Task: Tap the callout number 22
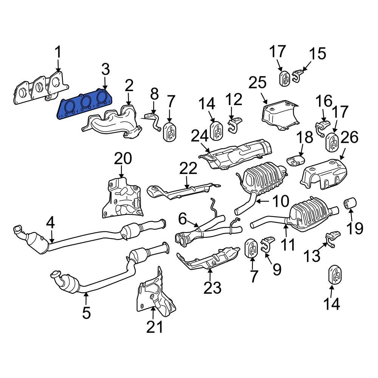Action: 189,169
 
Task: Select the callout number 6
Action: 183,218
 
